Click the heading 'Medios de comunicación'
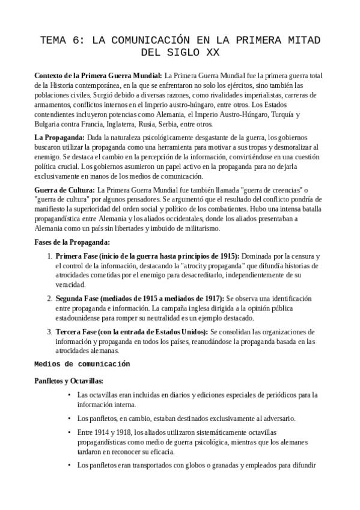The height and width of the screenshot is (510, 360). point(82,364)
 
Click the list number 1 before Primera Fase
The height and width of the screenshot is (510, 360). point(49,256)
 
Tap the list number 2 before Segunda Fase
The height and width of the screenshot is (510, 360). point(49,299)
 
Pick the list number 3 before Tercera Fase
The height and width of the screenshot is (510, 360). point(49,332)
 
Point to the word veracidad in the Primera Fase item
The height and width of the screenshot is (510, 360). point(72,285)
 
